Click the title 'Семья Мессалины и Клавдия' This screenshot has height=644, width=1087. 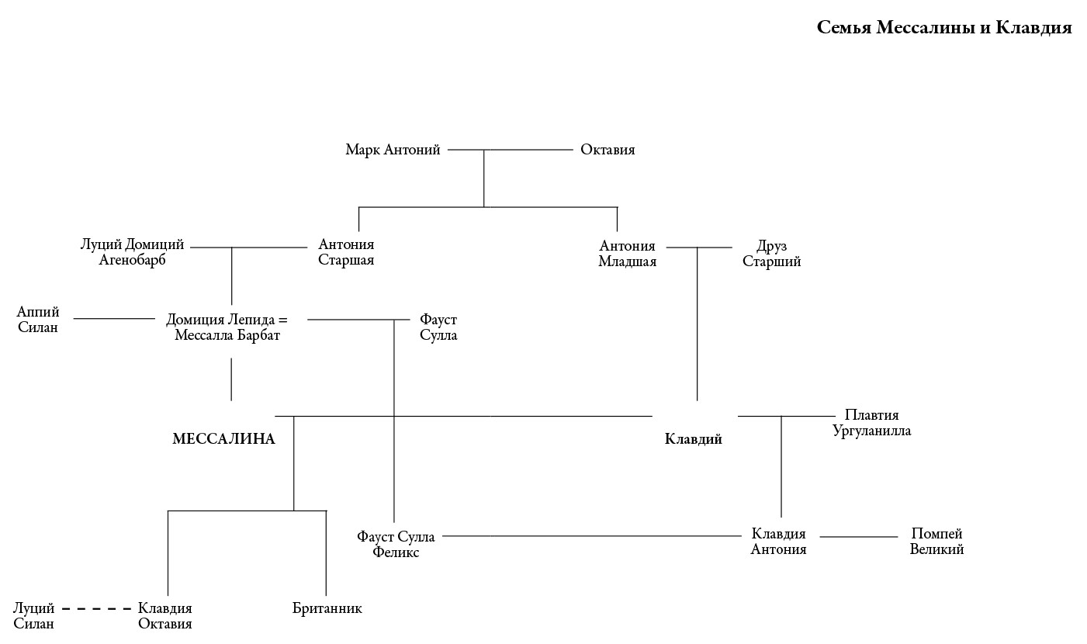(943, 28)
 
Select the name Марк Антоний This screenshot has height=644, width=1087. (393, 150)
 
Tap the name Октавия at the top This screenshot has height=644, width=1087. (608, 150)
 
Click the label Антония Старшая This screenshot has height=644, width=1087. (346, 252)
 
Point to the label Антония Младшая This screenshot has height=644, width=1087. (627, 254)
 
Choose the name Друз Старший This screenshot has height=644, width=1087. (771, 254)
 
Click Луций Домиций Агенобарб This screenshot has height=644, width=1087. (133, 252)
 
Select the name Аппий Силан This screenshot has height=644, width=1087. (38, 320)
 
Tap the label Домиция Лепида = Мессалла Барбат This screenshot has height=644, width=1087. (227, 327)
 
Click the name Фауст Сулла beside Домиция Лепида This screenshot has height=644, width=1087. (438, 327)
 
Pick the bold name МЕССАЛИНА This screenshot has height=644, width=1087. (223, 439)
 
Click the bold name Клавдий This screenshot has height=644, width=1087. (694, 439)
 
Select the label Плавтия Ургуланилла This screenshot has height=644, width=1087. (871, 423)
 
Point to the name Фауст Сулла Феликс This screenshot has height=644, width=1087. (396, 545)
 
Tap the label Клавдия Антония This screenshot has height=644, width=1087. (778, 542)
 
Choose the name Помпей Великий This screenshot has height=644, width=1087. (936, 542)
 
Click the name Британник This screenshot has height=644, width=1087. (327, 608)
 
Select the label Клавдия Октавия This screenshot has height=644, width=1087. (164, 616)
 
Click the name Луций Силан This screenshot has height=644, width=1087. (34, 616)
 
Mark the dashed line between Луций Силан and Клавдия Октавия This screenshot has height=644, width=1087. (96, 609)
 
